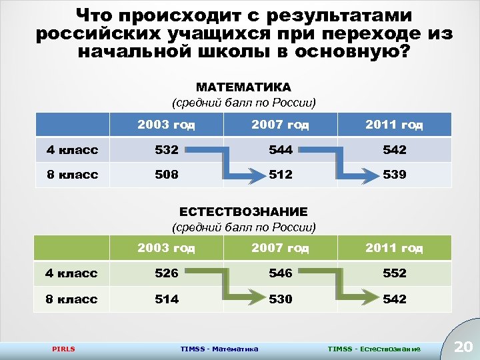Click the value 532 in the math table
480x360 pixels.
pyautogui.click(x=167, y=150)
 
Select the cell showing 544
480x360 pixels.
pyautogui.click(x=281, y=150)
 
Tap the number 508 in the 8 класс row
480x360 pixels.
pyautogui.click(x=167, y=175)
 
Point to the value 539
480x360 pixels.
pyautogui.click(x=395, y=175)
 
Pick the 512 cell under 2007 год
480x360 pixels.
pyautogui.click(x=281, y=175)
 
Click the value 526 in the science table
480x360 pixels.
pyautogui.click(x=167, y=273)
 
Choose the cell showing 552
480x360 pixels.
pyautogui.click(x=395, y=273)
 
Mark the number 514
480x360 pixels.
pyautogui.click(x=167, y=299)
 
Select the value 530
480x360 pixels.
pyautogui.click(x=281, y=299)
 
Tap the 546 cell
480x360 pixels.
pyautogui.click(x=281, y=273)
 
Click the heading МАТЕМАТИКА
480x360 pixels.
pyautogui.click(x=243, y=87)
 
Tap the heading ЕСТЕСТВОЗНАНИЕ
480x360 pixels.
pyautogui.click(x=243, y=211)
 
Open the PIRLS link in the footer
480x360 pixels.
pyautogui.click(x=64, y=349)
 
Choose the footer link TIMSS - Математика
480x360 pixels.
pyautogui.click(x=219, y=349)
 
